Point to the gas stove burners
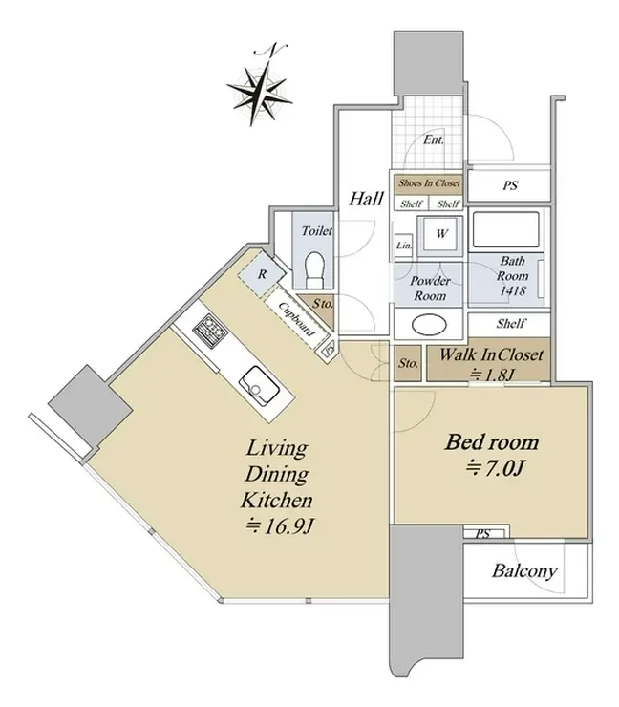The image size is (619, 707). click(x=209, y=330)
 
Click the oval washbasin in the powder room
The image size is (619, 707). click(x=429, y=325)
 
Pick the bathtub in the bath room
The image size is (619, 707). click(x=505, y=229)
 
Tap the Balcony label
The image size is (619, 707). click(x=524, y=570)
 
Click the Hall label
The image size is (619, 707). click(x=367, y=199)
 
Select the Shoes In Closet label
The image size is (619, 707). click(x=429, y=183)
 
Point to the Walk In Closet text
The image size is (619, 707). click(x=491, y=354)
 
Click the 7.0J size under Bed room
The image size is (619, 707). click(x=495, y=469)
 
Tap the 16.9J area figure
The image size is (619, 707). click(x=280, y=525)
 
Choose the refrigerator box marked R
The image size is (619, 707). click(x=262, y=274)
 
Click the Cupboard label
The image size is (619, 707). click(x=296, y=319)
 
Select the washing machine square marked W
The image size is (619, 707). click(x=440, y=233)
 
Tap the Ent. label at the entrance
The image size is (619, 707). click(x=434, y=139)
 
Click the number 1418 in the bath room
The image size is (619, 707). click(x=513, y=290)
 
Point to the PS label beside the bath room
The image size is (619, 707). click(x=510, y=185)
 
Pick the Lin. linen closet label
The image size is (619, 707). click(x=404, y=246)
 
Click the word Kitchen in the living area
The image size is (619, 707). click(x=276, y=500)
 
